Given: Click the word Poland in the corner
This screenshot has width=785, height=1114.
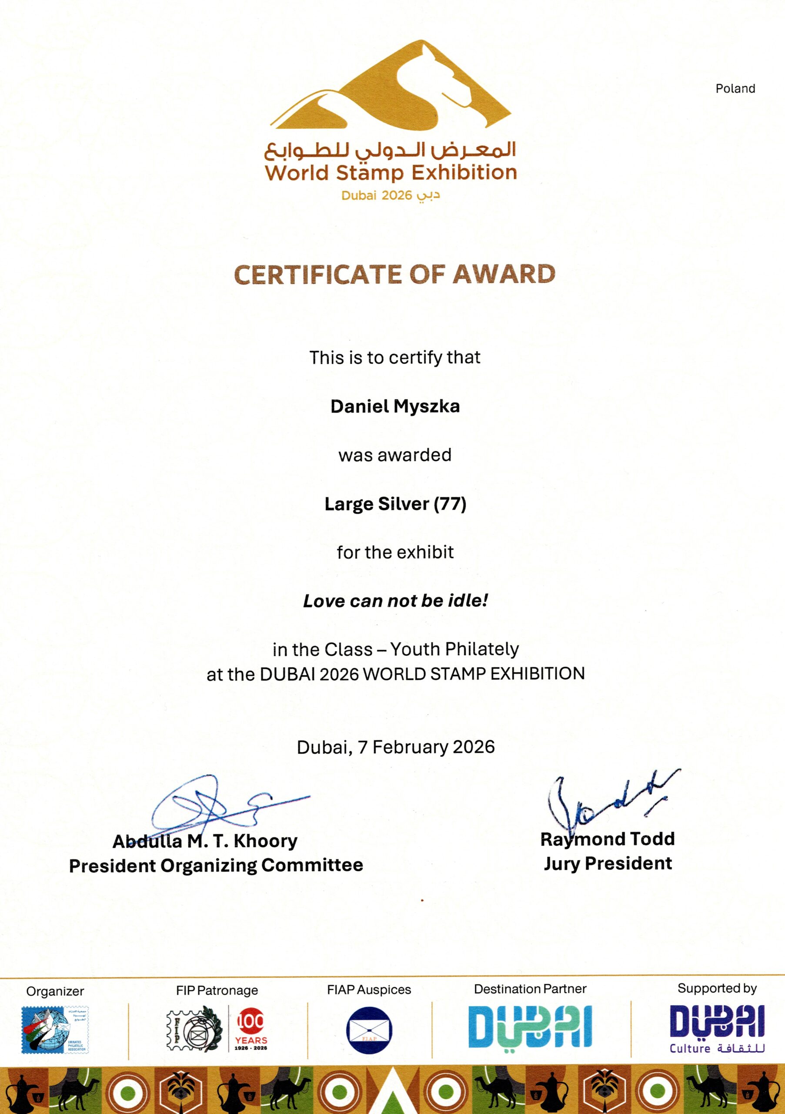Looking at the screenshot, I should point(735,89).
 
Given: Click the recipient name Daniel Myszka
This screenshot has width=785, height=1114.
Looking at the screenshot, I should point(395,406).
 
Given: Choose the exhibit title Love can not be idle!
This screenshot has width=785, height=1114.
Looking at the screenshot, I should point(395,601).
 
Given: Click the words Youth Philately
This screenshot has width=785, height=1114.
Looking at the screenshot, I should point(454,649).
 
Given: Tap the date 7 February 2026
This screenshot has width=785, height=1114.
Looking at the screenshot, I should point(426,747).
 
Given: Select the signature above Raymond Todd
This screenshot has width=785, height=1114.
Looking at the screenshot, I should point(606,801).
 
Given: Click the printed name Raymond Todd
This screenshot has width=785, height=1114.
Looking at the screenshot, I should point(607,839).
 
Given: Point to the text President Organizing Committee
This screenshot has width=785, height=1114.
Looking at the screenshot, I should point(216,865).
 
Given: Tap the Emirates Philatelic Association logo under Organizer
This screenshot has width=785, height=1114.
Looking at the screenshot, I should point(55,1030).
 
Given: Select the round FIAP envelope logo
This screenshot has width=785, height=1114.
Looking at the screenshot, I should point(369,1030).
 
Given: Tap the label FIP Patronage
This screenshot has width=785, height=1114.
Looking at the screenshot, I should point(217,990).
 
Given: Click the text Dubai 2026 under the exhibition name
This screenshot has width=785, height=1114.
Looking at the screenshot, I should point(376,195).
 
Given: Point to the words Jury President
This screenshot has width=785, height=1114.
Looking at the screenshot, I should point(608,864).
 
